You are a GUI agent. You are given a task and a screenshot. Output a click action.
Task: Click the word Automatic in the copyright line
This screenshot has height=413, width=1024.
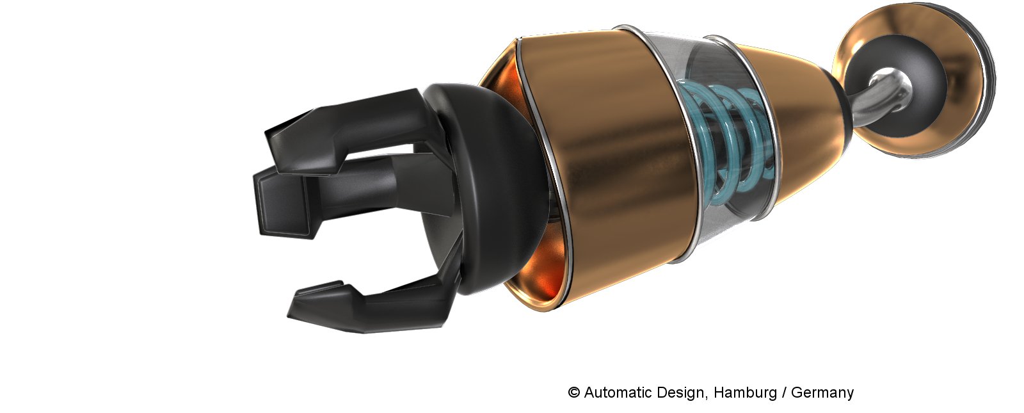pos(618,393)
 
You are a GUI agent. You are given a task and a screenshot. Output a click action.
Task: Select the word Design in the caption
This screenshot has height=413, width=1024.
pos(682,393)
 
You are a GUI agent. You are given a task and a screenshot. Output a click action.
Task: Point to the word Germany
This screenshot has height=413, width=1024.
pos(822,393)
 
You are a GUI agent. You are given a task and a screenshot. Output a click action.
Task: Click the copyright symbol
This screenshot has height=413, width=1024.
pos(573,393)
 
